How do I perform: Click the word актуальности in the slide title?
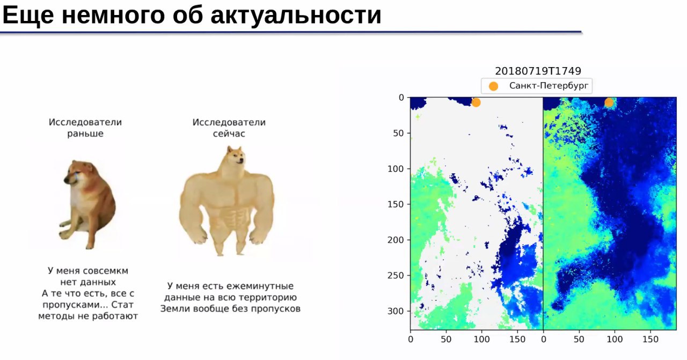(x=296, y=16)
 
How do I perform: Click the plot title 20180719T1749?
(x=538, y=71)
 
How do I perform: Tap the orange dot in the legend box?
(x=493, y=86)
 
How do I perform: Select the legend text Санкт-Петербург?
(x=549, y=85)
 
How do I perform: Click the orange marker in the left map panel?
(x=476, y=102)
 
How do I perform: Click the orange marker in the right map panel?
(x=609, y=102)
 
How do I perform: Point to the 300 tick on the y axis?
(x=396, y=311)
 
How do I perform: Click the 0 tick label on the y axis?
(x=401, y=98)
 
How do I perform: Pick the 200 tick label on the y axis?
(x=396, y=240)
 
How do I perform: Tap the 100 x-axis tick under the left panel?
(x=481, y=339)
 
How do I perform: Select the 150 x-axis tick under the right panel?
(x=650, y=339)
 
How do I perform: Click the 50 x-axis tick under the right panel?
(x=579, y=339)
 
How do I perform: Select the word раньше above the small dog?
(x=85, y=134)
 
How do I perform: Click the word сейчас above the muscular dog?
(x=229, y=134)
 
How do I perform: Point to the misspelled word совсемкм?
(x=106, y=271)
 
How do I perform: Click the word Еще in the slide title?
(x=28, y=16)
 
